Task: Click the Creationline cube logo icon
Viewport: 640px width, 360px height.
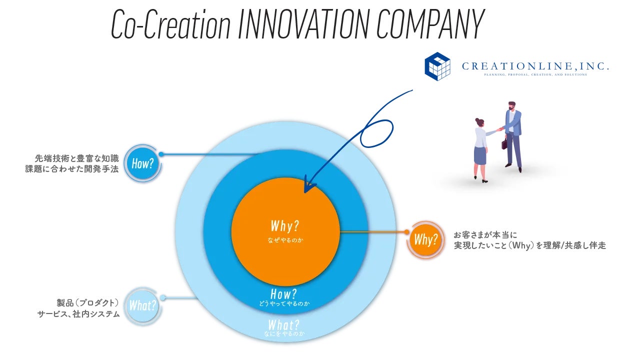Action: [x=437, y=66]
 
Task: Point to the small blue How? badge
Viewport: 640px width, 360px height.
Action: [x=142, y=163]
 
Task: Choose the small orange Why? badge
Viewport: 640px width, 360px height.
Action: [x=425, y=239]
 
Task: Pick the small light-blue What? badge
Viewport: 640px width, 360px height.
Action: [x=142, y=305]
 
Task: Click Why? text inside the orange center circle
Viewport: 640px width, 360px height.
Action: [x=285, y=226]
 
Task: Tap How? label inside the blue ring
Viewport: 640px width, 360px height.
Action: [x=283, y=293]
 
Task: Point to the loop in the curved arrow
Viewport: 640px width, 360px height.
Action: [x=375, y=130]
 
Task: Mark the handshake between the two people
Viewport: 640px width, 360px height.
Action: [x=499, y=129]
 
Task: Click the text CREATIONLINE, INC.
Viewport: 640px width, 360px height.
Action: [x=535, y=65]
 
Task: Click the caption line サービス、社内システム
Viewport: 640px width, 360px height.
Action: [x=78, y=314]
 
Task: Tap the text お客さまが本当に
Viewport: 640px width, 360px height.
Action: [x=484, y=235]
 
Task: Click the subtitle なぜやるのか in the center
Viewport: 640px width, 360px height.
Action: [x=285, y=240]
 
